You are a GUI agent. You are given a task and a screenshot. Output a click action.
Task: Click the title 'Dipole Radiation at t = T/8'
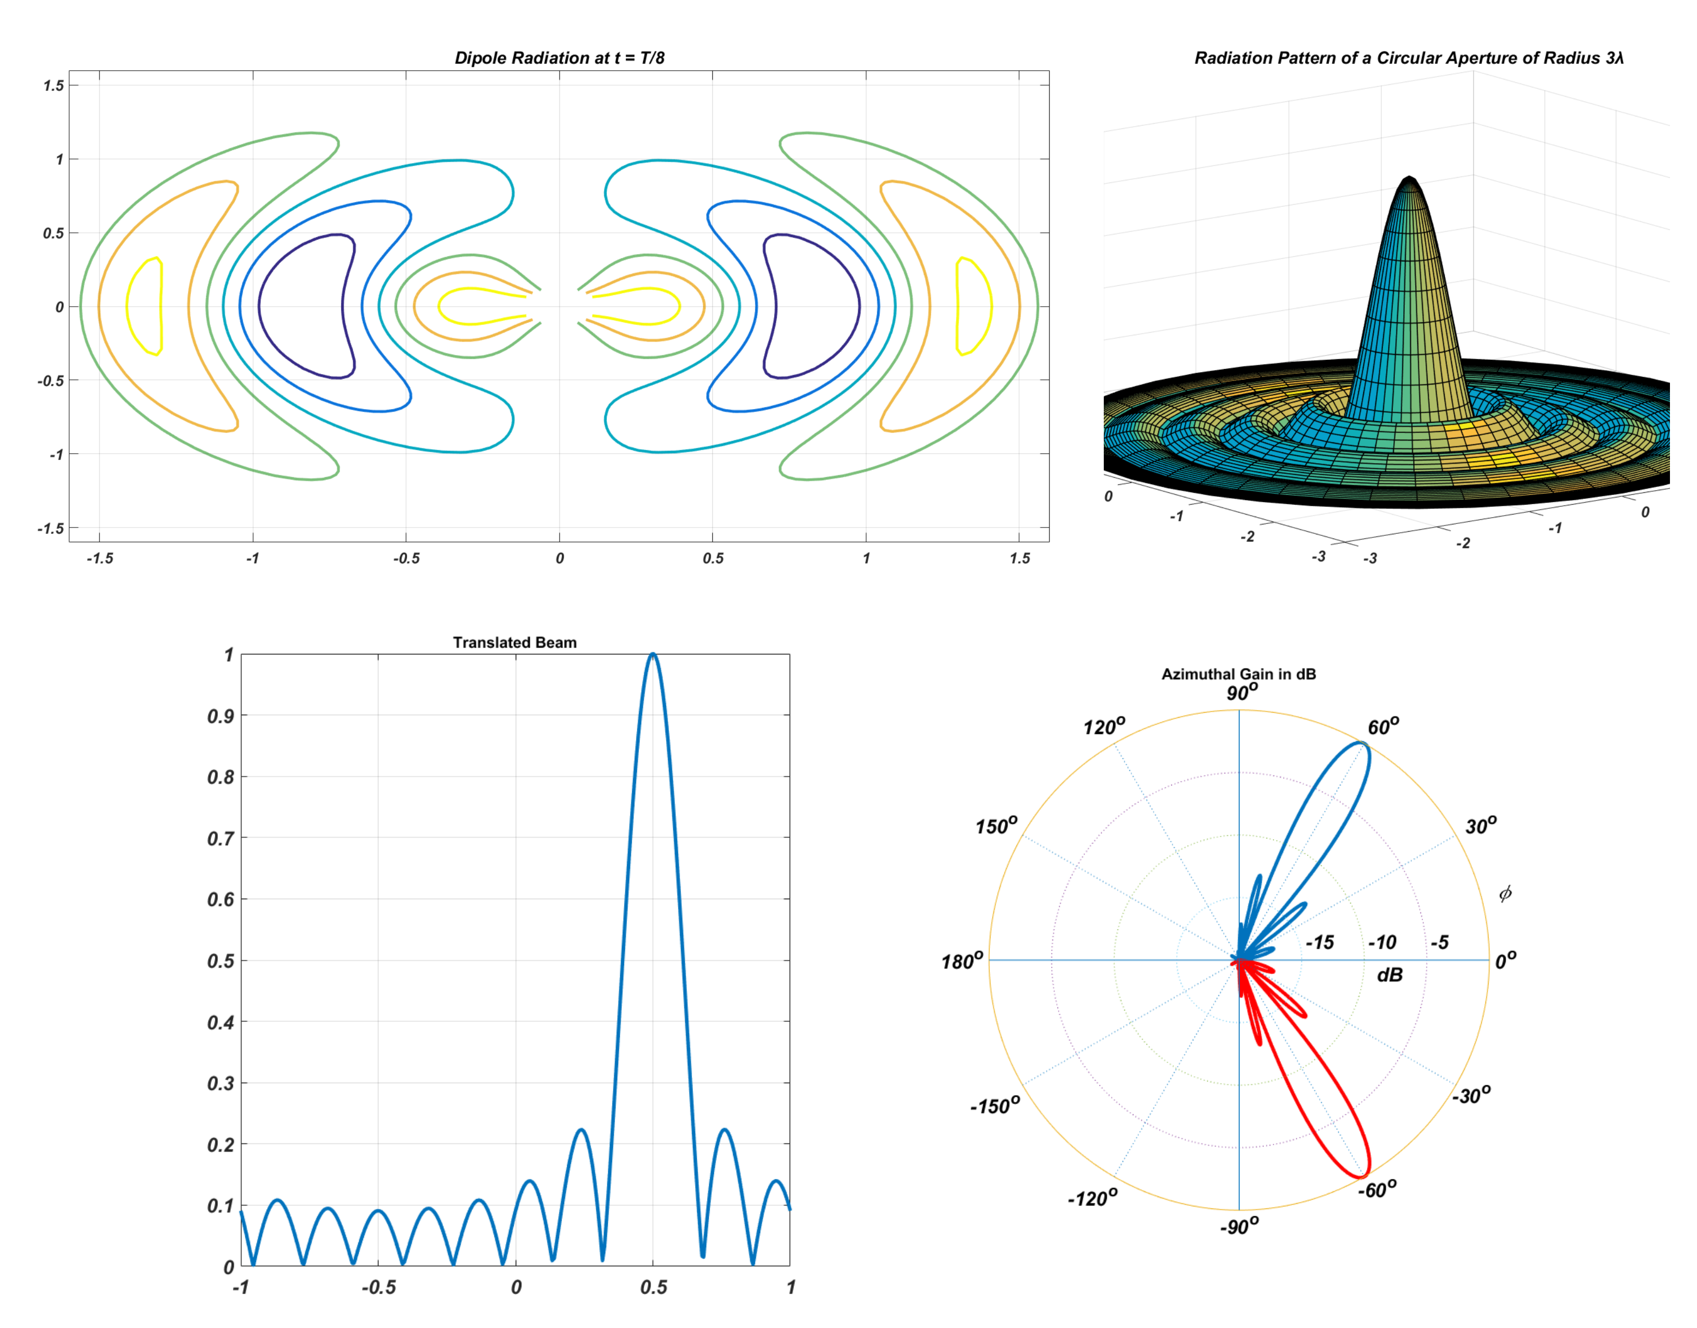(x=559, y=58)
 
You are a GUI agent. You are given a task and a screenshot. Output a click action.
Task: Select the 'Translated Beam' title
(x=515, y=642)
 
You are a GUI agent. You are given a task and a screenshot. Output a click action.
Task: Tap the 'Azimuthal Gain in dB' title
(x=1238, y=674)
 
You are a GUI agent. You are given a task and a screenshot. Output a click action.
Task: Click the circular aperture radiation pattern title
(x=1408, y=58)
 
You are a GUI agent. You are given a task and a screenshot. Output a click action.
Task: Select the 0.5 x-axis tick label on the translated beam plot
(x=654, y=1287)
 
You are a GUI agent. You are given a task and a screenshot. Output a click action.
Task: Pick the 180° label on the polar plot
(x=961, y=962)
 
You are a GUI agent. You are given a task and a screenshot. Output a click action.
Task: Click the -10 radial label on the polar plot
(x=1382, y=942)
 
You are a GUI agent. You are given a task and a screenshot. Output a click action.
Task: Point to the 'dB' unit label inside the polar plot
(x=1389, y=975)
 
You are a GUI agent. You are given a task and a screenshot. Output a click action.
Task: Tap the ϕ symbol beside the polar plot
(x=1505, y=894)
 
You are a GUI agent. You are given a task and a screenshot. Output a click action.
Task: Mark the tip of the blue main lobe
(x=1363, y=744)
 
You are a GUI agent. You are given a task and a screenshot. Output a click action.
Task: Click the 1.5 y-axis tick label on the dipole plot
(x=54, y=86)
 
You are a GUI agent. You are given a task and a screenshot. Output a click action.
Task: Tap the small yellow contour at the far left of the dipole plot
(x=145, y=306)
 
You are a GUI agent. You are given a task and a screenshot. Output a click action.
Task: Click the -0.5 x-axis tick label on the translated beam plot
(x=378, y=1287)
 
